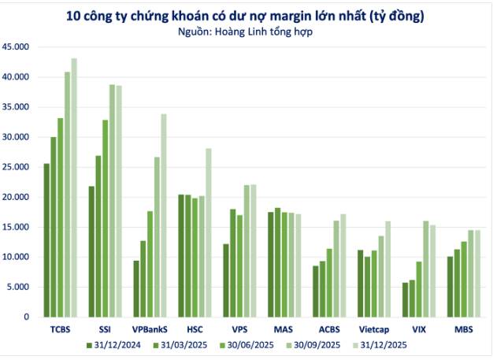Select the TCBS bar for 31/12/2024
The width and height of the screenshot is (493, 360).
coord(46,240)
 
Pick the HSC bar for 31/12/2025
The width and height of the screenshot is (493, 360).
coord(209,232)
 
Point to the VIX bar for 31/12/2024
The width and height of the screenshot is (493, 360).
coord(406,299)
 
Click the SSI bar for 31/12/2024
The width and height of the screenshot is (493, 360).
coord(91,251)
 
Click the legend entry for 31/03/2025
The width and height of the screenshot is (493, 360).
coord(183,345)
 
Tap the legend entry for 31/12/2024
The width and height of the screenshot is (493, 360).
coord(117,345)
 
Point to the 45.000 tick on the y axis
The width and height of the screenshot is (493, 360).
coord(17,47)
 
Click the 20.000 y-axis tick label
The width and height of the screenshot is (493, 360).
coord(17,197)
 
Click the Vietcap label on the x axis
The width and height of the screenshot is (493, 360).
coord(373,329)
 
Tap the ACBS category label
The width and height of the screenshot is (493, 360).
coord(328,329)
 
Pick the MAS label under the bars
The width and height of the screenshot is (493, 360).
coord(284,329)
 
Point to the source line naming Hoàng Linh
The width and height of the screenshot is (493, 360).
coord(246,33)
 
